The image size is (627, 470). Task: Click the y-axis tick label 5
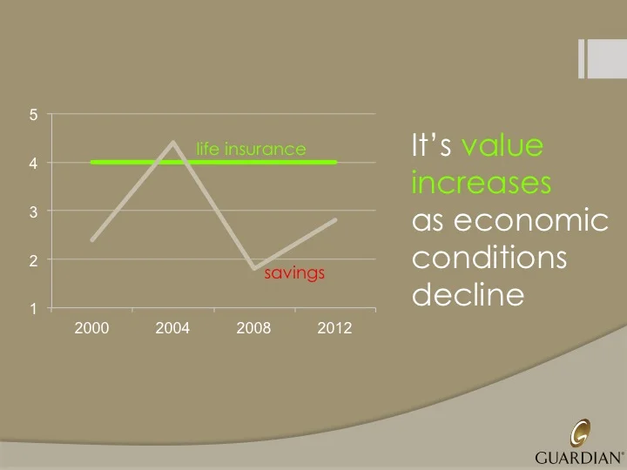32,115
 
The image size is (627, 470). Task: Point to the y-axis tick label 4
32,164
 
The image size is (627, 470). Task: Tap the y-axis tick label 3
32,211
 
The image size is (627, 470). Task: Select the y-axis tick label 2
32,260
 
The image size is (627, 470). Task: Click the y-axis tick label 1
32,308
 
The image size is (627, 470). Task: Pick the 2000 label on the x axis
91,328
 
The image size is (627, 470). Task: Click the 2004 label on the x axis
172,328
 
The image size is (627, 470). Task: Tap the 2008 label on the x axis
253,328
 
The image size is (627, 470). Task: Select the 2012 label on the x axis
334,328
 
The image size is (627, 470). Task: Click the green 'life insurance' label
251,149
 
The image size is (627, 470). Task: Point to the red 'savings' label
294,273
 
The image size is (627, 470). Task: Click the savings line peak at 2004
173,143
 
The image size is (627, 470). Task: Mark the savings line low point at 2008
253,268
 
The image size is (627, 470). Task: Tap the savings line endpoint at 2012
334,220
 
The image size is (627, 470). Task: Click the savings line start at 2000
92,239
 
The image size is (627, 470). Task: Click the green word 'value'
502,145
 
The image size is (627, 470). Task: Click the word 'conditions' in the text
489,259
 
